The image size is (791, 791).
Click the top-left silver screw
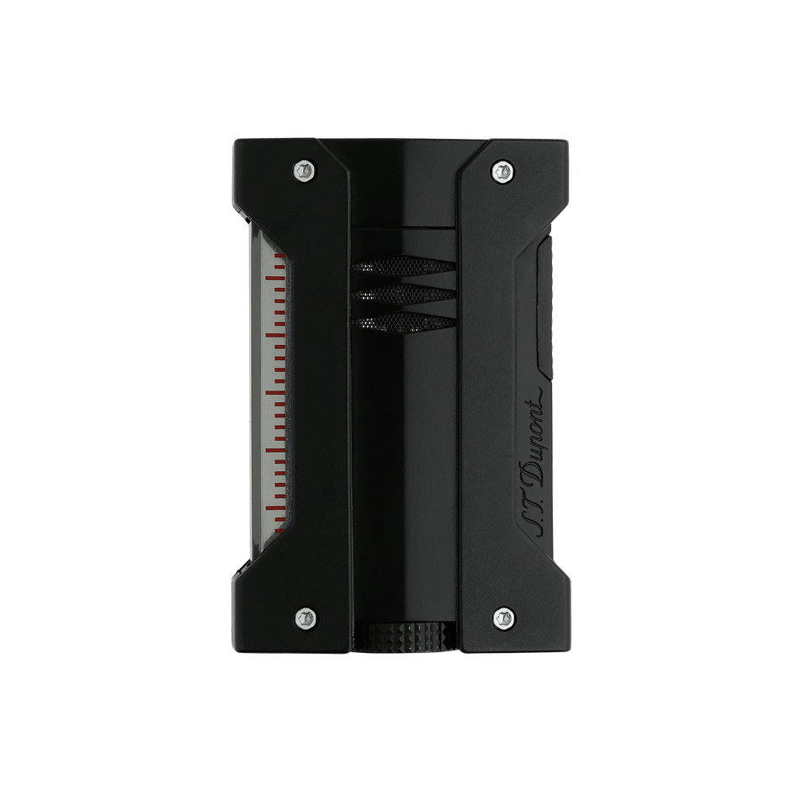(x=304, y=171)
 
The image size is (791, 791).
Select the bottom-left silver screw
(x=304, y=617)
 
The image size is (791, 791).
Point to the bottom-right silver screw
(x=503, y=617)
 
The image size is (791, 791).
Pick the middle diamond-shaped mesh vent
(x=404, y=295)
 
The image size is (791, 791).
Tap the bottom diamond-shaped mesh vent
(x=404, y=323)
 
